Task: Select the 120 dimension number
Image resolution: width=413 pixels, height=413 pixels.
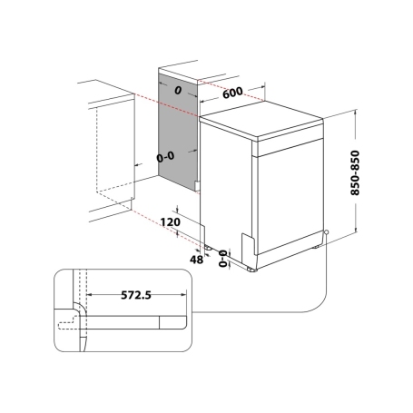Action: point(167,221)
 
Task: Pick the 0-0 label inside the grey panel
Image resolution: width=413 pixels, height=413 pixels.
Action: point(166,157)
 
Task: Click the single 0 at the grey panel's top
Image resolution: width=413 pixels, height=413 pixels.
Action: point(177,89)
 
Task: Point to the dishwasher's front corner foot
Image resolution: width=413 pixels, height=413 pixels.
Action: point(251,267)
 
